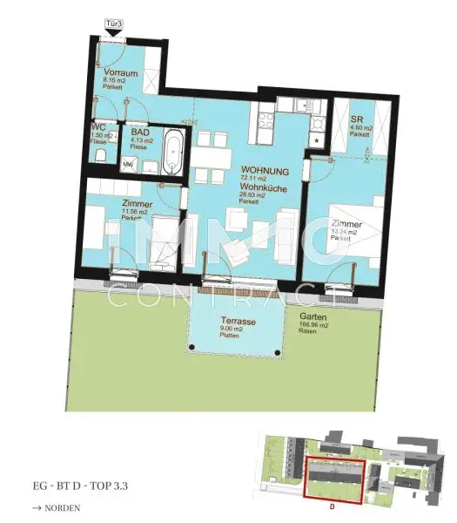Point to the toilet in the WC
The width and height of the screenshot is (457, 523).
coord(102,155)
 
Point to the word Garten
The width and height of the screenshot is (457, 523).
coord(313,317)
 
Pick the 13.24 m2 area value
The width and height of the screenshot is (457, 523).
coord(346,233)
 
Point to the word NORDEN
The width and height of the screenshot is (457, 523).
coord(63,507)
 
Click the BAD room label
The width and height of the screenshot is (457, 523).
coord(139,126)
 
